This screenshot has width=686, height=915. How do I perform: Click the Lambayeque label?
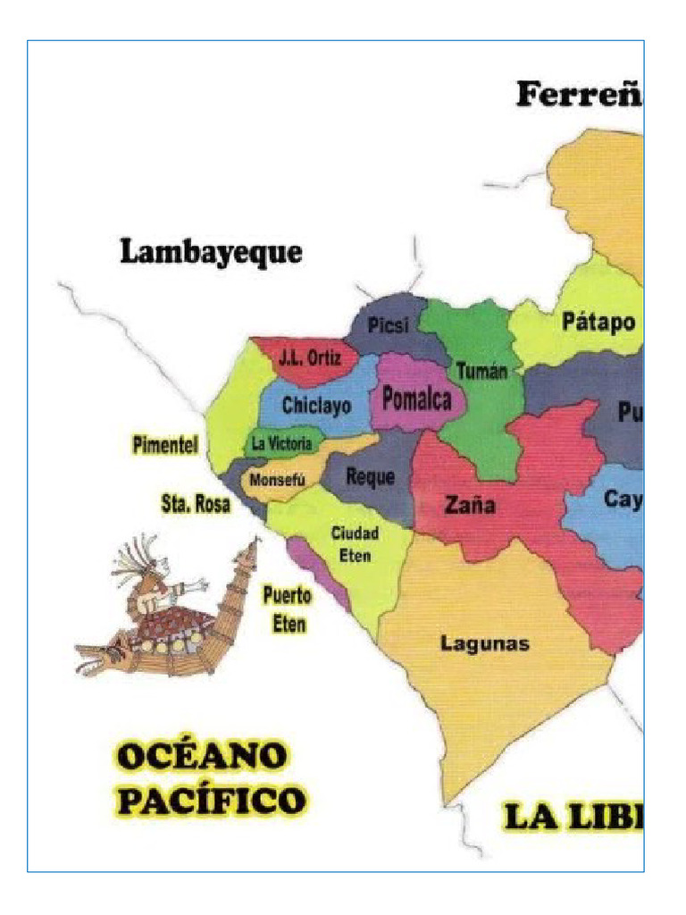tap(211, 253)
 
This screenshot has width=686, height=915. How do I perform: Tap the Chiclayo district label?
tap(316, 405)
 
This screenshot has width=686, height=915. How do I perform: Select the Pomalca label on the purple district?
tap(417, 399)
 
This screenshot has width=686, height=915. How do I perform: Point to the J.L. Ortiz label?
tap(309, 358)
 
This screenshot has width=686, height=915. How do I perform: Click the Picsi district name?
tap(388, 326)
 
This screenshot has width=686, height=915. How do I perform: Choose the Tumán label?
tap(481, 371)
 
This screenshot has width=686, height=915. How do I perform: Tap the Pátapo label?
tap(598, 322)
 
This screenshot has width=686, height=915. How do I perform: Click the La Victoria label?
tap(281, 443)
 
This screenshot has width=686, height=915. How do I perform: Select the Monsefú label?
tap(277, 480)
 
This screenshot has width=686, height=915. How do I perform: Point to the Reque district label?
tap(370, 477)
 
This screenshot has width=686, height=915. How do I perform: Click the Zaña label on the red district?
tap(470, 506)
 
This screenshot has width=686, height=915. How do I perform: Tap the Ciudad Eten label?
tap(356, 544)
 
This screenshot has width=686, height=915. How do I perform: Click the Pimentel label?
tap(165, 446)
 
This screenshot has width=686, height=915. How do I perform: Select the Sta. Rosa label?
tap(195, 504)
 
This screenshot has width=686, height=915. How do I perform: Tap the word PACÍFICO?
tap(211, 800)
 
